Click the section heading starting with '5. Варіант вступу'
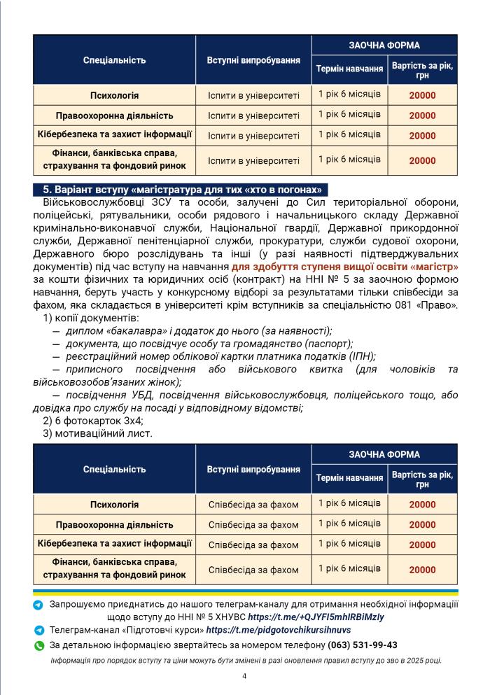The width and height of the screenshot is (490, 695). click(x=181, y=190)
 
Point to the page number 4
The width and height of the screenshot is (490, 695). click(x=244, y=676)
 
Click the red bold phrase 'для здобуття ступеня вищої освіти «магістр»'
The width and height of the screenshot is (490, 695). click(x=345, y=267)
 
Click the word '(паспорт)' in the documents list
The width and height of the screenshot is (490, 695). click(x=328, y=344)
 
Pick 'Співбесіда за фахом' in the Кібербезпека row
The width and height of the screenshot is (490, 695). click(x=253, y=545)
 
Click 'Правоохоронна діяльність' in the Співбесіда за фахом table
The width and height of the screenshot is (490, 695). click(x=114, y=525)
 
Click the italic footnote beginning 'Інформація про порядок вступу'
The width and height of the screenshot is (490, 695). click(x=246, y=661)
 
